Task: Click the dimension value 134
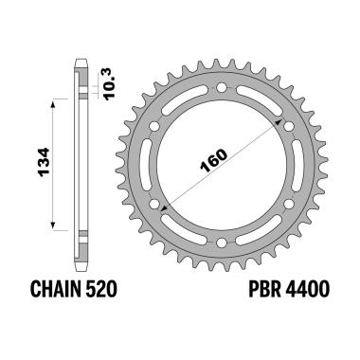click(38, 162)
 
